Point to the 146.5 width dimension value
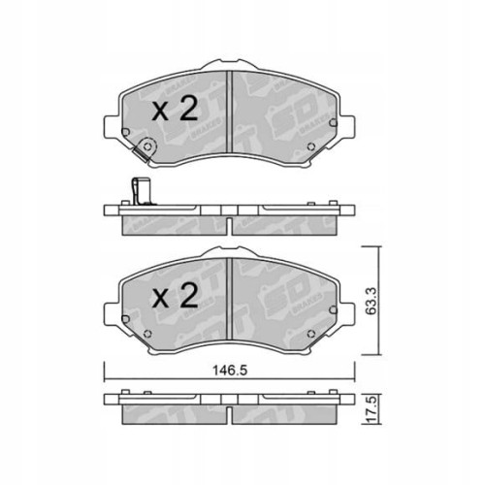coord(229,369)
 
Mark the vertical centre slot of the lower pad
coord(228,295)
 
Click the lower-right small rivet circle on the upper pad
coord(309,148)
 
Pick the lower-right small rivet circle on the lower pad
coord(309,336)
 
